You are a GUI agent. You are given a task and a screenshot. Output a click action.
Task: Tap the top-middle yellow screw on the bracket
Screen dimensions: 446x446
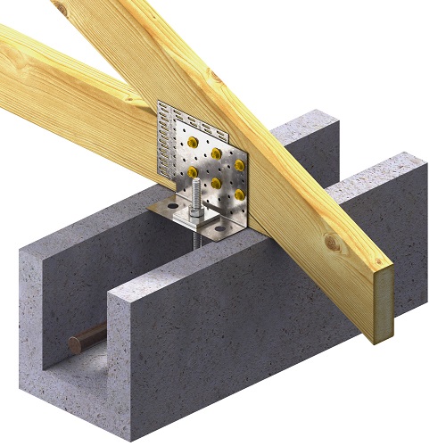(216, 153)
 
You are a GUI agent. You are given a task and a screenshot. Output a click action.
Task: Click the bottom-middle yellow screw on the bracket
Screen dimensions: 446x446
(216, 182)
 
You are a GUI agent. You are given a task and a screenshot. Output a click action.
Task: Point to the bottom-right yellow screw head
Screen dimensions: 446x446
(238, 194)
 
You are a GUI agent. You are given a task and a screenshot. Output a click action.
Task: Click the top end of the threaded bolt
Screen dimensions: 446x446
(194, 182)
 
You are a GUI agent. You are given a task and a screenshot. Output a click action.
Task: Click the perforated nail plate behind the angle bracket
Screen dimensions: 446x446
(169, 125)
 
